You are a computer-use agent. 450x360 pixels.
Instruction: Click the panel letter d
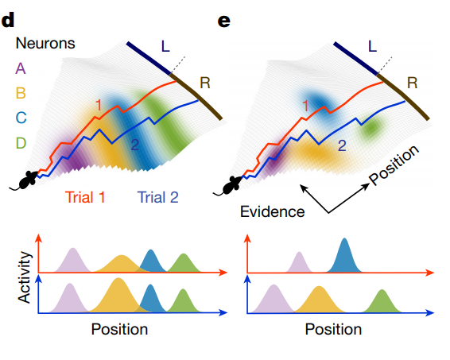[x=8, y=21]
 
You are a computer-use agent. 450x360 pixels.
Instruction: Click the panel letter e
[x=224, y=21]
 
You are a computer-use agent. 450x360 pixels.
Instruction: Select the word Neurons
[x=45, y=44]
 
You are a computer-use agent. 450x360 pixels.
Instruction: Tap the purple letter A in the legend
[x=21, y=68]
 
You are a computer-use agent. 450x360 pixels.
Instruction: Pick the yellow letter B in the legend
[x=21, y=93]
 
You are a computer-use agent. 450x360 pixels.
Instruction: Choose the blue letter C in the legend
[x=21, y=118]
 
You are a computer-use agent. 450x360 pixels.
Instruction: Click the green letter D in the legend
[x=21, y=143]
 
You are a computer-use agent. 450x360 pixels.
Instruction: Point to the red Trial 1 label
[x=85, y=197]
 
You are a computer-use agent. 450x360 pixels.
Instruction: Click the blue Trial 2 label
[x=158, y=197]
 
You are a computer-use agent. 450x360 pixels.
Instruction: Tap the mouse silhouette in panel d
[x=25, y=180]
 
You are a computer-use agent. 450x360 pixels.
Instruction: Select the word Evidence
[x=273, y=211]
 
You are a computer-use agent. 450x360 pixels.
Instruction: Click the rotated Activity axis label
[x=24, y=277]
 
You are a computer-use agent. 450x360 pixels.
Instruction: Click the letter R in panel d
[x=205, y=83]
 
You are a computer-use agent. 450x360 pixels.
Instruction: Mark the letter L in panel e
[x=372, y=46]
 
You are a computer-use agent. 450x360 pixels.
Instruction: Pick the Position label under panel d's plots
[x=119, y=329]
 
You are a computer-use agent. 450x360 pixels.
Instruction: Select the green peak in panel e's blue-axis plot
[x=382, y=301]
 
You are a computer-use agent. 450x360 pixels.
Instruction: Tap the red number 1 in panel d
[x=99, y=105]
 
